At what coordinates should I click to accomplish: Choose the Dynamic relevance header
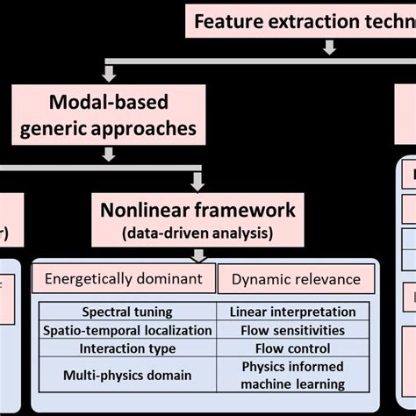pyautogui.click(x=296, y=279)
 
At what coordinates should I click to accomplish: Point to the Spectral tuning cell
pyautogui.click(x=128, y=312)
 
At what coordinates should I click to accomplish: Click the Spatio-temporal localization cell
pyautogui.click(x=128, y=330)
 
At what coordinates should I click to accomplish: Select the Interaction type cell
pyautogui.click(x=128, y=348)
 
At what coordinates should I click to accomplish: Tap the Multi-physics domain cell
pyautogui.click(x=128, y=375)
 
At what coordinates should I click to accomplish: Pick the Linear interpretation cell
pyautogui.click(x=292, y=312)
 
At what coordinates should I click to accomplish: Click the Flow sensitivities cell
pyautogui.click(x=292, y=330)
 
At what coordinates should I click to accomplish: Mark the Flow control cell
pyautogui.click(x=292, y=348)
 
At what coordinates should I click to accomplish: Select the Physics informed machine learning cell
pyautogui.click(x=292, y=375)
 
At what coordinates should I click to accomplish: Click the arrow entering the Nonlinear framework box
pyautogui.click(x=197, y=181)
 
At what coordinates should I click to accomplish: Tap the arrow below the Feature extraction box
pyautogui.click(x=329, y=48)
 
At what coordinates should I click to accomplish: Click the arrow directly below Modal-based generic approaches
pyautogui.click(x=110, y=154)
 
